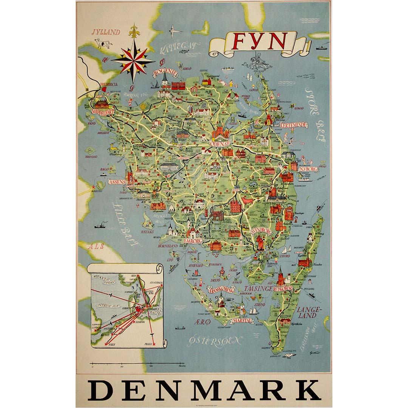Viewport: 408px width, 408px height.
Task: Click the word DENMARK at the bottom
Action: click(204, 390)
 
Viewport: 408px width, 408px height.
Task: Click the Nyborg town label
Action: click(308, 169)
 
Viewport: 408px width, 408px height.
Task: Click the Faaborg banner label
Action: click(193, 240)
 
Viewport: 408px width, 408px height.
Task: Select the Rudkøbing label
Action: click(294, 288)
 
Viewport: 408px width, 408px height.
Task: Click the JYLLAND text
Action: click(106, 32)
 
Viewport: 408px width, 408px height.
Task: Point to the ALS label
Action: click(95, 246)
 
